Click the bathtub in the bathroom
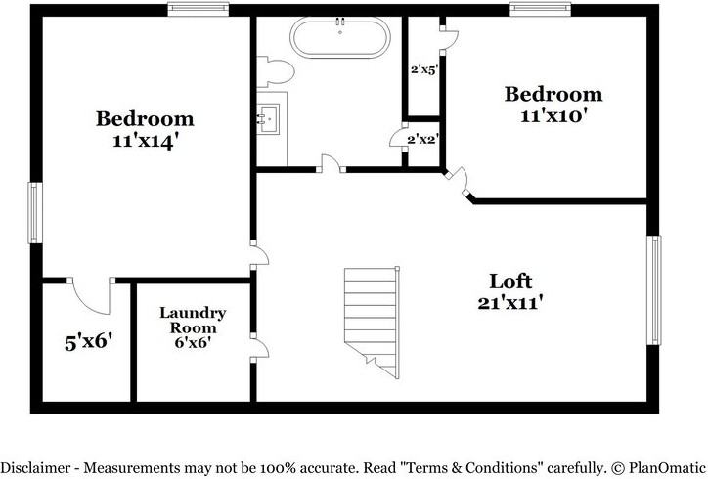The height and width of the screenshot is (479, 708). pyautogui.click(x=339, y=41)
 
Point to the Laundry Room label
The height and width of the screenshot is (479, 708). pyautogui.click(x=193, y=320)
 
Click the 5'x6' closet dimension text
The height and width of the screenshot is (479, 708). pyautogui.click(x=88, y=342)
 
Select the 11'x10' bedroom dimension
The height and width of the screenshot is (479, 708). pyautogui.click(x=553, y=114)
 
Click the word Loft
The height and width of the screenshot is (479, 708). pyautogui.click(x=509, y=282)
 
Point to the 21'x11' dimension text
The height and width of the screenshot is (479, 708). pyautogui.click(x=509, y=303)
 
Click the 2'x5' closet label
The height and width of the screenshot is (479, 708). pyautogui.click(x=422, y=70)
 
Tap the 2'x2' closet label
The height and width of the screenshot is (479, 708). pyautogui.click(x=422, y=139)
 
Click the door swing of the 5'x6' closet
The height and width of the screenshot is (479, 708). pyautogui.click(x=83, y=293)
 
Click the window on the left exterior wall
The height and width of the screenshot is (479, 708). pyautogui.click(x=33, y=213)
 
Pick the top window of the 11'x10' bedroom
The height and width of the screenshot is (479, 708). pyautogui.click(x=539, y=10)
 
